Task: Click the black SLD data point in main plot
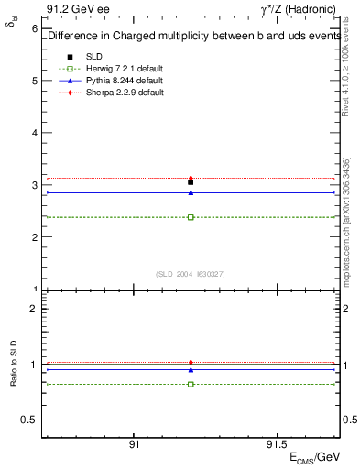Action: [191, 182]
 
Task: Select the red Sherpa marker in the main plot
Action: [191, 178]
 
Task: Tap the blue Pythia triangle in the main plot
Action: [191, 192]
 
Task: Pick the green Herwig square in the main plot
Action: [191, 217]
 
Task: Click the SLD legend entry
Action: [93, 57]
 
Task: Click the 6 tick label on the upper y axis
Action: [35, 28]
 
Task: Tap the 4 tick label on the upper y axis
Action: [35, 133]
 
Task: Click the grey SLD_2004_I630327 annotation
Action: [191, 274]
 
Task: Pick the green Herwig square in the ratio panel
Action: [191, 384]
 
